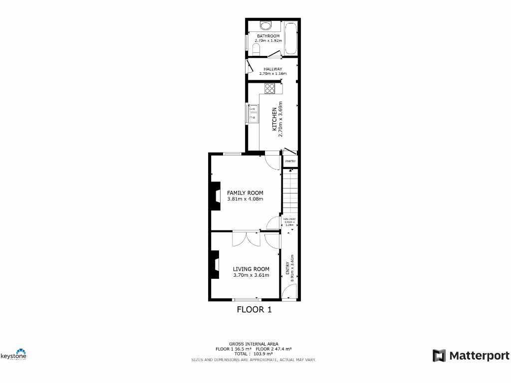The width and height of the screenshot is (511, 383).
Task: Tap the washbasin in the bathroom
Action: click(x=265, y=26)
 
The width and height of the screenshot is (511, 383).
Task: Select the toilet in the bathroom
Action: click(x=256, y=48)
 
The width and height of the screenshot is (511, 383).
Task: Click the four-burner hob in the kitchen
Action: click(x=270, y=89)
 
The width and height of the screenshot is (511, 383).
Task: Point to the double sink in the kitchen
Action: click(x=253, y=113)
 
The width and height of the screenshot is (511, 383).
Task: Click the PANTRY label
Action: click(x=290, y=161)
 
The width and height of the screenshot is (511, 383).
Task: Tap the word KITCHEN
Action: click(x=274, y=119)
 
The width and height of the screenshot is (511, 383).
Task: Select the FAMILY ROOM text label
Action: click(x=245, y=193)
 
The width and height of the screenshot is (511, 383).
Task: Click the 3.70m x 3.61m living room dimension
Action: click(x=251, y=275)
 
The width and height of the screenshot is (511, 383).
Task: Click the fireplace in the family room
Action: click(x=215, y=196)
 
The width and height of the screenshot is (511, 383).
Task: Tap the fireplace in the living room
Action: click(x=215, y=265)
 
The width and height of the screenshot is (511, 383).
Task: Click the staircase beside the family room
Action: click(x=290, y=192)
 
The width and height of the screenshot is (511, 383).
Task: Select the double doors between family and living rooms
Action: click(x=246, y=238)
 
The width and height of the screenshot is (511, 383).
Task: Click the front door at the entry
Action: click(x=290, y=291)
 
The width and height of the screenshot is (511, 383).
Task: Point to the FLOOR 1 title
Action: click(x=254, y=310)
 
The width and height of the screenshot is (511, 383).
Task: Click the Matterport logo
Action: click(x=471, y=356)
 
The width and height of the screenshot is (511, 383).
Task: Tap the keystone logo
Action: click(x=13, y=355)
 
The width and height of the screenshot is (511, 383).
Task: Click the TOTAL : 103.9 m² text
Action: click(x=254, y=354)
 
